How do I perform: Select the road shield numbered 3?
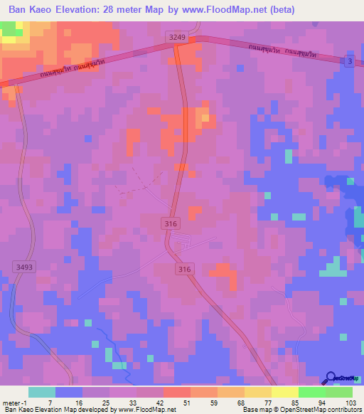point(348,62)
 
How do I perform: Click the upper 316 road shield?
point(169,224)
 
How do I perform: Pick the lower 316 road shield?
point(185,268)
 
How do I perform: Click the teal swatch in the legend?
point(42,392)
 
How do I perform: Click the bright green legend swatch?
point(312,392)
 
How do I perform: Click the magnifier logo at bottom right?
point(331,380)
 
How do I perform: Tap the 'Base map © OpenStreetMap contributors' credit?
point(301,410)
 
